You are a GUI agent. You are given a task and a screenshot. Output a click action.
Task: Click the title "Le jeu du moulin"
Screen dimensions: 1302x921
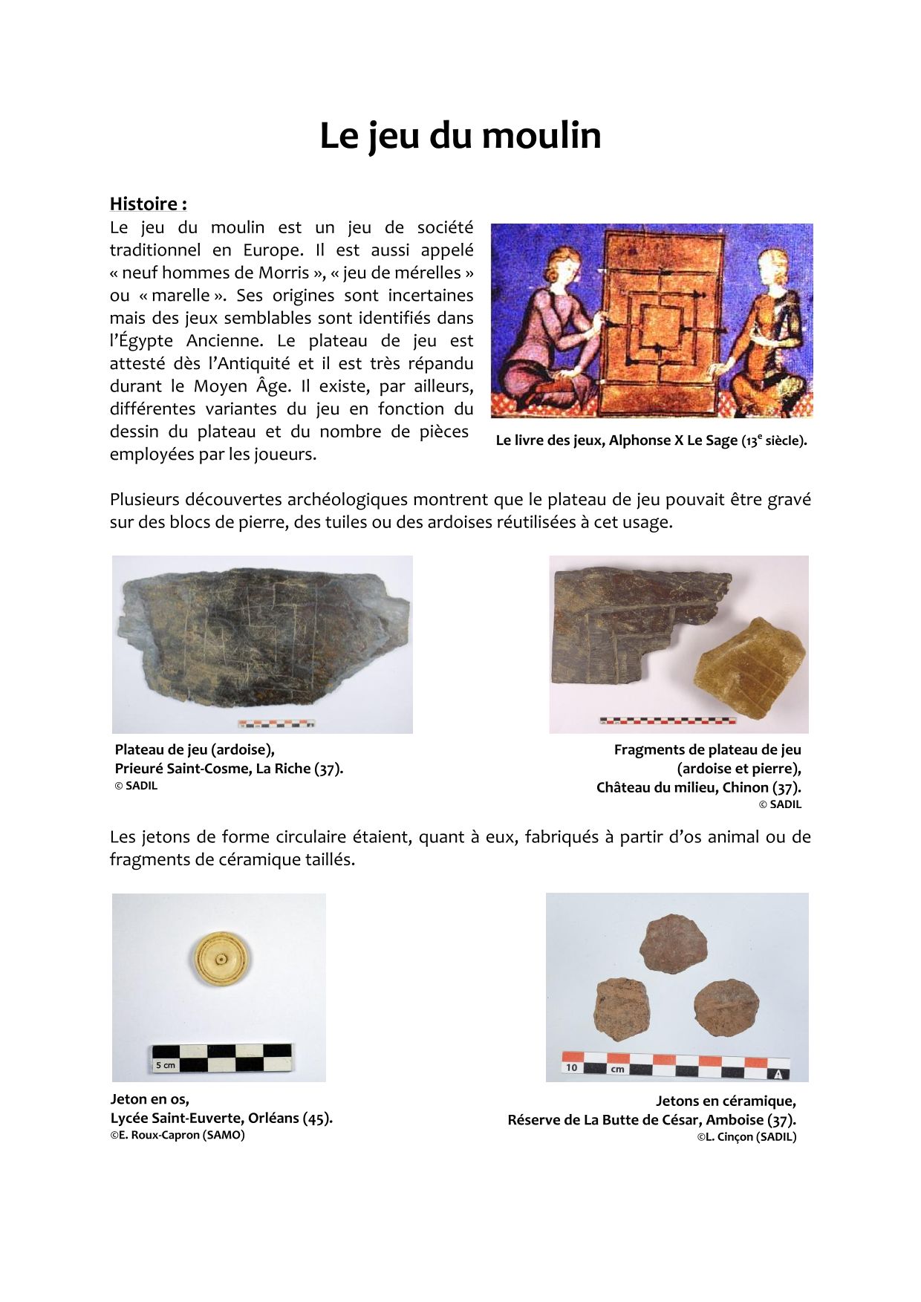[x=460, y=136]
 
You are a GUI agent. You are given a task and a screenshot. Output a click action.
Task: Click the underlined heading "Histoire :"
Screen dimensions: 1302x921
[x=148, y=204]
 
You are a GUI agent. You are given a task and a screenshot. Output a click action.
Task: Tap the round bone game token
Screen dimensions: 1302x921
[x=221, y=960]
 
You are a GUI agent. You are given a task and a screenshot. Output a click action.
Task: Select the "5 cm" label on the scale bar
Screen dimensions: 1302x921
[x=166, y=1065]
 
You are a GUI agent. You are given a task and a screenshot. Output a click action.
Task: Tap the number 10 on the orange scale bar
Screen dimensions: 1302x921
[x=571, y=1068]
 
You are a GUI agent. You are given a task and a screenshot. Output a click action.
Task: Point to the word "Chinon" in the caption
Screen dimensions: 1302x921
[x=743, y=787]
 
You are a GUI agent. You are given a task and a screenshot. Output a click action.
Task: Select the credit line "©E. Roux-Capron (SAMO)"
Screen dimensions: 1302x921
[x=178, y=1135]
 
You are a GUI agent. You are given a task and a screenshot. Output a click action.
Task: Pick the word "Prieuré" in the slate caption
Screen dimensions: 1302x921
[x=138, y=768]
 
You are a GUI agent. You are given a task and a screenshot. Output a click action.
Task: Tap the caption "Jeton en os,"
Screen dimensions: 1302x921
[x=149, y=1099]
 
